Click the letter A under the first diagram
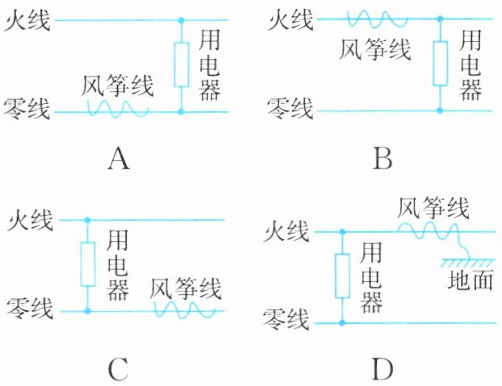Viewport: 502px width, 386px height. click(119, 160)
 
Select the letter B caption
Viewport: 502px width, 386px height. click(383, 159)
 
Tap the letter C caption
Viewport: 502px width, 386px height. click(119, 369)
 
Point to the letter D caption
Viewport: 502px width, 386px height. click(383, 369)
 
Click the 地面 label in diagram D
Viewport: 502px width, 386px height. click(470, 280)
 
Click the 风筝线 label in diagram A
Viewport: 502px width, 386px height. click(118, 85)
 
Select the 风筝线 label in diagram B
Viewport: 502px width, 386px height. click(375, 49)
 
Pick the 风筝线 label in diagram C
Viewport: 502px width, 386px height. click(186, 288)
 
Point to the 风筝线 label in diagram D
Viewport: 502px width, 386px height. click(433, 208)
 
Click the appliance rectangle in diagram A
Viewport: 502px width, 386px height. click(182, 64)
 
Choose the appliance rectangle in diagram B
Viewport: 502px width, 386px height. click(440, 64)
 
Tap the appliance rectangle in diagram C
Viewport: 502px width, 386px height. click(88, 264)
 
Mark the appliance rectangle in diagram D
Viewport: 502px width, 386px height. click(342, 276)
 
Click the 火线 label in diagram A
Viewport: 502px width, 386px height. click(27, 20)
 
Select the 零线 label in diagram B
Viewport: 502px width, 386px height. click(290, 109)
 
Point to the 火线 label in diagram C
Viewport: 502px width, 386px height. click(30, 221)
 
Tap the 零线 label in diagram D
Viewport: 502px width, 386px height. click(287, 320)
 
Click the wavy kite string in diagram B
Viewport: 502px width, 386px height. click(378, 19)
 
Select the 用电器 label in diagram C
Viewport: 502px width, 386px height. click(118, 265)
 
